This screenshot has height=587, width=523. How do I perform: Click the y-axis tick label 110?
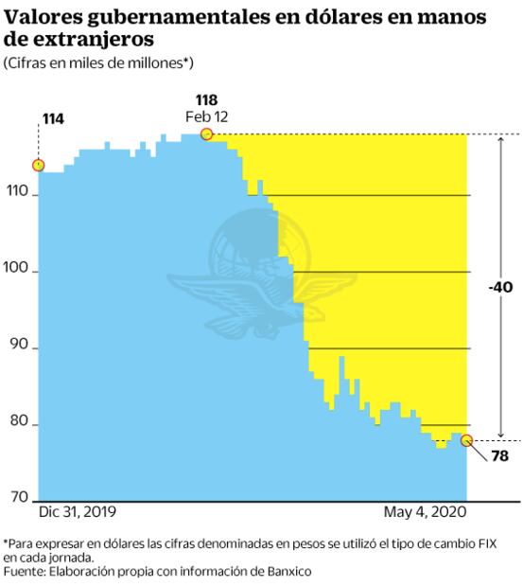pos(18,196)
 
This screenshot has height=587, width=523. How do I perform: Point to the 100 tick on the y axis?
pos(18,273)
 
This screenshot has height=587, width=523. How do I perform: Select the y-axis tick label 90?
pos(18,349)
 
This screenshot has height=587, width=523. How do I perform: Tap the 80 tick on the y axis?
pos(18,426)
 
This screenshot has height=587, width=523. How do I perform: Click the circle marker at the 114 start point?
pos(38,165)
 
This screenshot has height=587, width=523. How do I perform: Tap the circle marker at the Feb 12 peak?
pos(207,134)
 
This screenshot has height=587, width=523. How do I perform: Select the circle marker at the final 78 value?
pos(466,440)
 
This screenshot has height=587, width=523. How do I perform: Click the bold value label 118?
pos(207,99)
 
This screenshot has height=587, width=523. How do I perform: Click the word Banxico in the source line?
pos(286,572)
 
